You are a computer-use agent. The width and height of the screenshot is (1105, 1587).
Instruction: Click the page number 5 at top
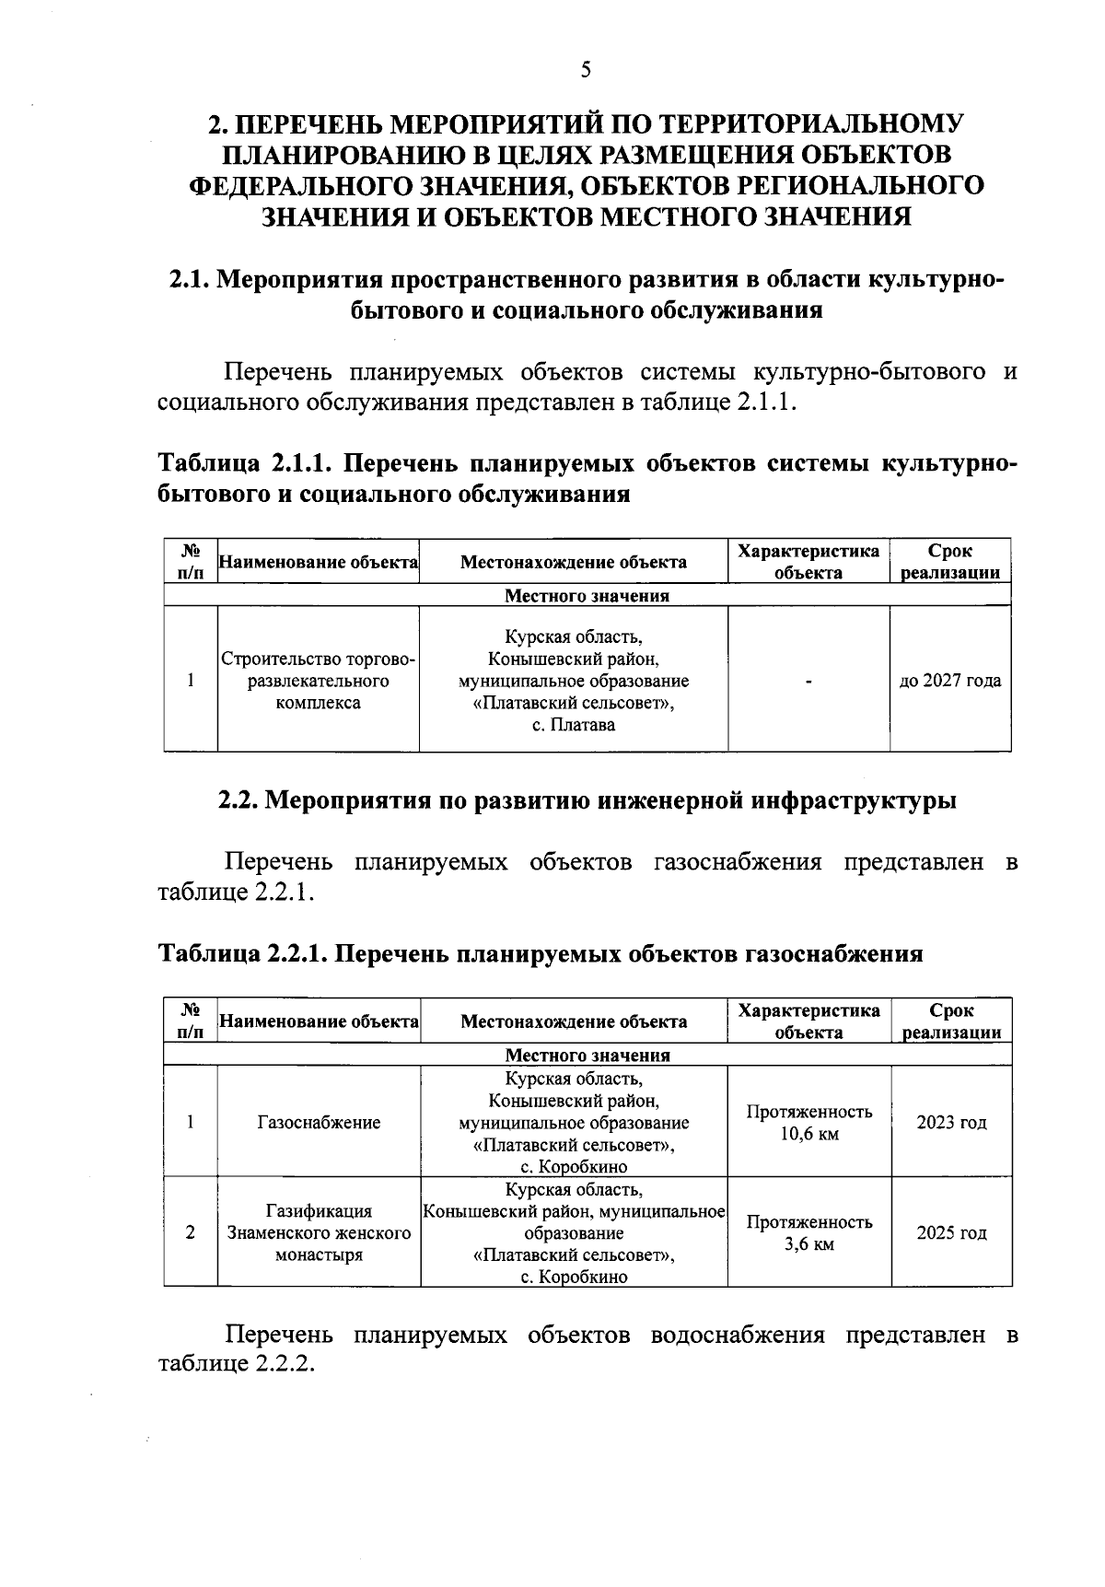point(586,71)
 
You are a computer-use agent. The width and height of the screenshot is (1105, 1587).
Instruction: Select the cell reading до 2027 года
point(949,681)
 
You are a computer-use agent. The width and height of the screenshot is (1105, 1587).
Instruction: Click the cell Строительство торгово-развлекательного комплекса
point(318,681)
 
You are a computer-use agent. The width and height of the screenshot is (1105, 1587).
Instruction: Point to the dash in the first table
point(808,682)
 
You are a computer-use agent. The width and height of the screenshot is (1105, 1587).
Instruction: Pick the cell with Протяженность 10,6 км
point(808,1122)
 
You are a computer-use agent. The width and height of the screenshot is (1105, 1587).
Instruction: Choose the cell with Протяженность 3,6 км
point(808,1232)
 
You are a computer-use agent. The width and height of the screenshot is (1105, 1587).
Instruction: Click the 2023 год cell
point(951,1122)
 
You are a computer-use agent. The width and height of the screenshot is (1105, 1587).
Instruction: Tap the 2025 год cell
point(951,1232)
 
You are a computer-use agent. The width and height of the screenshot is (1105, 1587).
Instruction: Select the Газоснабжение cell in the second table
point(319,1122)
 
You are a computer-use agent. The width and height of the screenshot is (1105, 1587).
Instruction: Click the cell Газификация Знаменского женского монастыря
point(319,1232)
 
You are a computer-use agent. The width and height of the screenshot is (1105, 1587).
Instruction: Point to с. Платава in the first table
point(574,725)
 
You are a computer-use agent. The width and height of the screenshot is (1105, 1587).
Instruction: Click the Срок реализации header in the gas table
point(951,1021)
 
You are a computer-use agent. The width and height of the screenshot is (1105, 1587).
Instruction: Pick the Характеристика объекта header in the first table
point(808,562)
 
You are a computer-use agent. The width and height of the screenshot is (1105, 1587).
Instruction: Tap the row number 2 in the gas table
point(190,1232)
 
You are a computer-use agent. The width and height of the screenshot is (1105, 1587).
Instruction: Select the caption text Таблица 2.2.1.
point(242,953)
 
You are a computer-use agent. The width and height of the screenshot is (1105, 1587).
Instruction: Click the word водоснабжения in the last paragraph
point(737,1335)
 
